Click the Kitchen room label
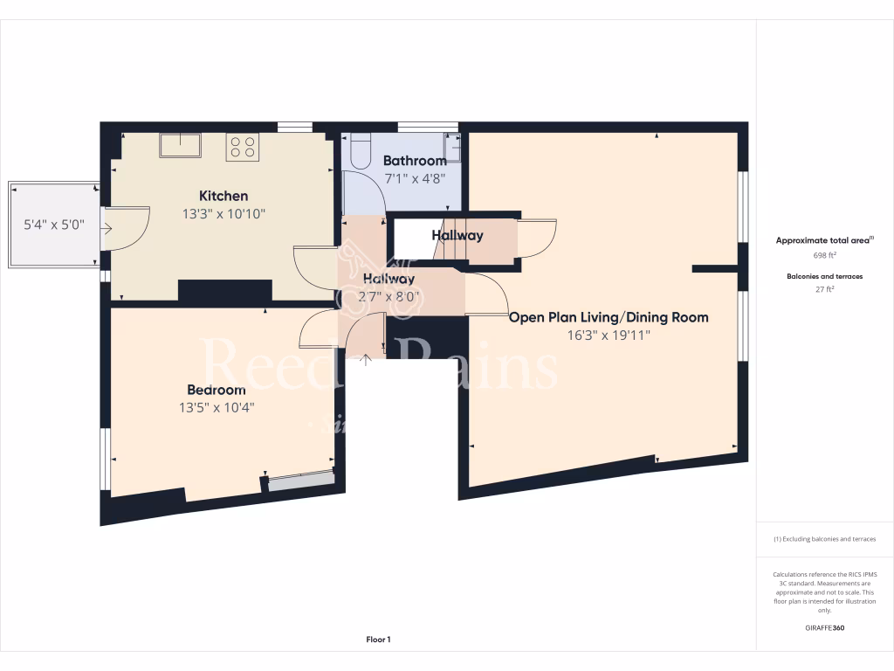tap(223, 196)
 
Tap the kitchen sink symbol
tap(180, 145)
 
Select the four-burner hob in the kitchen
tap(243, 147)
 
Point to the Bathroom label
tap(415, 161)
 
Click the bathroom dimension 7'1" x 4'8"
tap(415, 177)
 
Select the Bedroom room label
tap(216, 390)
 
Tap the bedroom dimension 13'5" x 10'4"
tap(216, 406)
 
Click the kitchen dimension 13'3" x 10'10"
tap(223, 213)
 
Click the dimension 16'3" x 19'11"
tap(609, 335)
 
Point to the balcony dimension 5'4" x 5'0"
tap(53, 225)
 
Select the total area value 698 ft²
tap(824, 255)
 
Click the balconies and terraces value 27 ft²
tap(824, 289)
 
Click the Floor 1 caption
tap(378, 640)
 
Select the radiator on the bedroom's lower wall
tap(300, 479)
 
